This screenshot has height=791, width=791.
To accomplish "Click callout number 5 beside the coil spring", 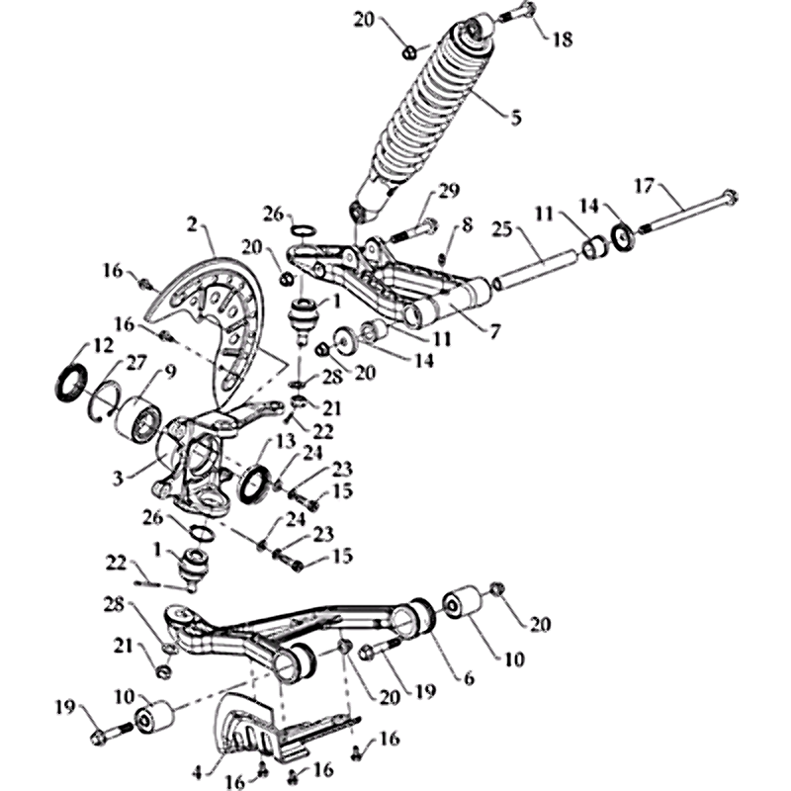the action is pos(515,118).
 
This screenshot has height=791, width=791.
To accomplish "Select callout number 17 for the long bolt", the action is pos(643,186).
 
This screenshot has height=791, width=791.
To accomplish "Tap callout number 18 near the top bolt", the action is pos(563,39).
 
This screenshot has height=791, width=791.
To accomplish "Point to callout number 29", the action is pos(449,191).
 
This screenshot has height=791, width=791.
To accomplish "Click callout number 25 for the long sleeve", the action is pos(502,229).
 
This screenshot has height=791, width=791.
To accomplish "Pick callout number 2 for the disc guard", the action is pos(192,225).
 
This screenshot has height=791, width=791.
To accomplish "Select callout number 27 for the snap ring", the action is pos(135,363).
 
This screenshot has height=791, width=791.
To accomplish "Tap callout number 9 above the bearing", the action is pos(169,373).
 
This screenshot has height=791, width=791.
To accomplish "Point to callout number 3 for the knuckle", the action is pos(118,478).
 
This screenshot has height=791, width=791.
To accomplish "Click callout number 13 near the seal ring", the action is pos(286,442).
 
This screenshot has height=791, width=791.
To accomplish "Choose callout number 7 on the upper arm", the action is pos(494,331).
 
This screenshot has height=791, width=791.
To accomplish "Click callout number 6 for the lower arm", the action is pos(469,678).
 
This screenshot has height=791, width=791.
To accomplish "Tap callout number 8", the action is pos(467,225).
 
